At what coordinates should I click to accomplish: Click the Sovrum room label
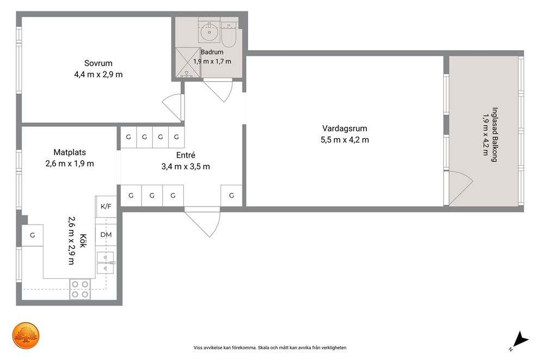click(x=99, y=63)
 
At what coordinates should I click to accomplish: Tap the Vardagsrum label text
click(x=345, y=129)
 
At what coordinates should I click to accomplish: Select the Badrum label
click(x=212, y=52)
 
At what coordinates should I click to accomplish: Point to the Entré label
click(x=186, y=155)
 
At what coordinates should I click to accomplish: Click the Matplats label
click(x=70, y=152)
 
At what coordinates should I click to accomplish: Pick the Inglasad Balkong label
click(x=495, y=135)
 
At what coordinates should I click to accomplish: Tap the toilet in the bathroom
click(x=228, y=34)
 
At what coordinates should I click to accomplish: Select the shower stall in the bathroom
click(x=188, y=62)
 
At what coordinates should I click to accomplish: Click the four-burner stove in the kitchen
click(x=80, y=289)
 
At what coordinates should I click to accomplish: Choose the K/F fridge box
click(x=106, y=206)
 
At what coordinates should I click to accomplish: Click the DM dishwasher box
click(x=106, y=235)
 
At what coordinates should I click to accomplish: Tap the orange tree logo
click(x=26, y=336)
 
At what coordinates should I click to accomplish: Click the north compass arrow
click(x=520, y=340)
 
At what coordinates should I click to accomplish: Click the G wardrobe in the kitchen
click(x=32, y=235)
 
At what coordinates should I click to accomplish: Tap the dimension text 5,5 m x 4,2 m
click(x=345, y=140)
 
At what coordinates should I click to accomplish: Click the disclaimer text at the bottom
click(x=270, y=347)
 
